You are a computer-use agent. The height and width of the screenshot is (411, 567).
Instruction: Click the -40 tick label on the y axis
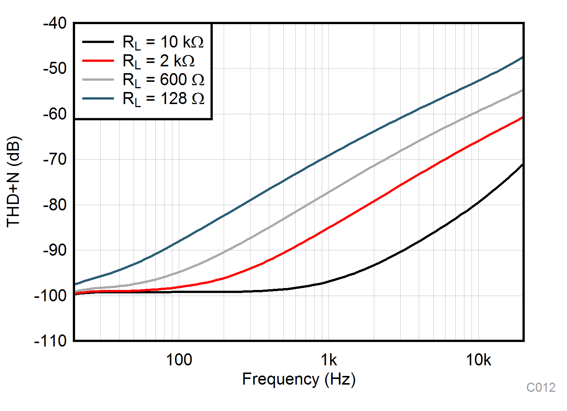55,23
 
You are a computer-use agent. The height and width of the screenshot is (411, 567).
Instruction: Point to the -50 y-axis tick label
55,69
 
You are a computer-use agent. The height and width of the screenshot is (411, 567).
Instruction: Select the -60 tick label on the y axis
55,114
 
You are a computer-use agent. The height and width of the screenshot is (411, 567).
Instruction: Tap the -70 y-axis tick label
55,159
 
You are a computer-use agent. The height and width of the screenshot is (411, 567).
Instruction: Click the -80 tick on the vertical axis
55,205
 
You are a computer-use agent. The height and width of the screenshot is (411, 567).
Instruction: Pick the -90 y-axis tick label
55,250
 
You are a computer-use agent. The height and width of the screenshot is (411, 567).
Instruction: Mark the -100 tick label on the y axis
51,296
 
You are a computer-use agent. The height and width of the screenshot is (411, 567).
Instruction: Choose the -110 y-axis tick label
51,341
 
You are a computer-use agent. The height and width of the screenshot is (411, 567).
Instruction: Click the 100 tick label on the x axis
179,360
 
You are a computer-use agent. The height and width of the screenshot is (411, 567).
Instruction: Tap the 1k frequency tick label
329,360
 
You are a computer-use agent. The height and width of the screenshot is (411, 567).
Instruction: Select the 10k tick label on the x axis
478,360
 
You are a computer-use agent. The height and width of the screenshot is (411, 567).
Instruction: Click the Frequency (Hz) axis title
299,379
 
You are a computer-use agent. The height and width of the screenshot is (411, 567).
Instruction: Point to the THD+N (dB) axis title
14,182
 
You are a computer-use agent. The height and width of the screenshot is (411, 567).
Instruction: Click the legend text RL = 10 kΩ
163,42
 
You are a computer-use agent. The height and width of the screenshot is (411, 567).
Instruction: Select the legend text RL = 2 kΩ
158,61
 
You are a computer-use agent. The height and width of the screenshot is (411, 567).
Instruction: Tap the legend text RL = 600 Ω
163,80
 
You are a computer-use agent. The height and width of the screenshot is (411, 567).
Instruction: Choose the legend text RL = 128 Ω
163,99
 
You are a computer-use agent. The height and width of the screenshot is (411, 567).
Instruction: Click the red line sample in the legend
98,60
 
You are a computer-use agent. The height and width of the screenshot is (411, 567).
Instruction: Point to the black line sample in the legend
98,41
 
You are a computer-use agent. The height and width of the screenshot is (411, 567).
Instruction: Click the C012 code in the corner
541,388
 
